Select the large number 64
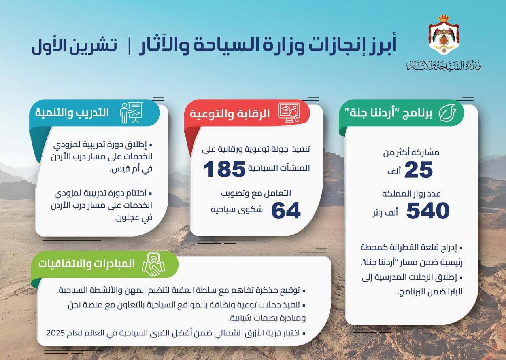tap(286, 210)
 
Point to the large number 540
tap(428, 210)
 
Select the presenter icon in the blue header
tap(131, 112)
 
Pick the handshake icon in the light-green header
tap(154, 265)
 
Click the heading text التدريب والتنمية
tap(72, 112)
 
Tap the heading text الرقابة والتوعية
tap(230, 114)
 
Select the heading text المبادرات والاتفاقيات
tap(87, 264)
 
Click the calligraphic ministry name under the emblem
tap(443, 66)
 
